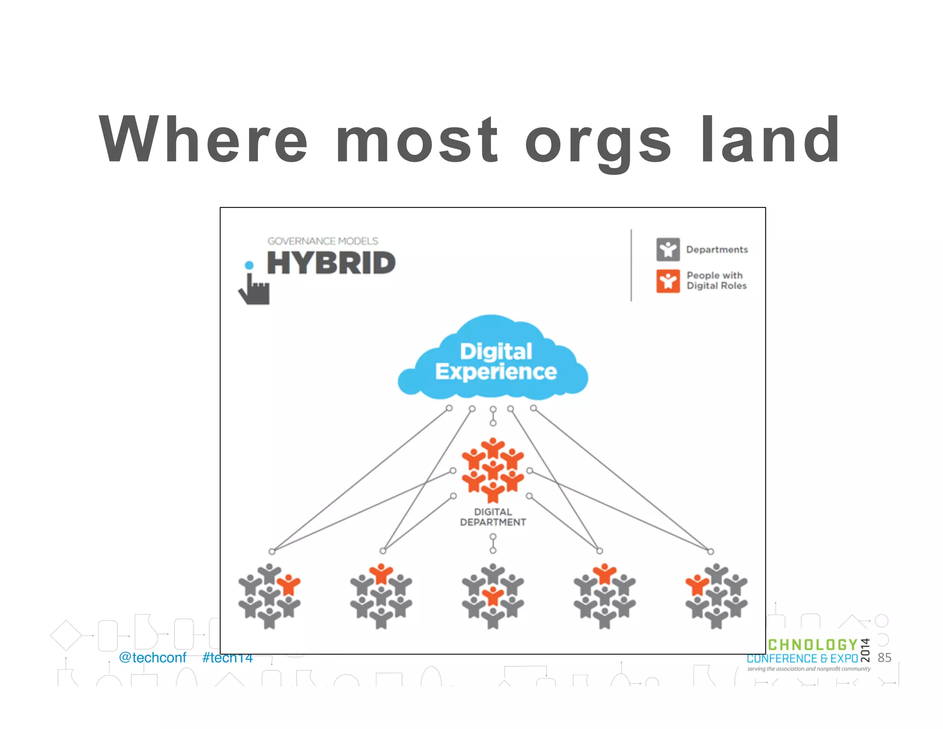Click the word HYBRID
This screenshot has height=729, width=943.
[331, 263]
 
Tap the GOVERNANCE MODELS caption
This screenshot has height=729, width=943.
[323, 241]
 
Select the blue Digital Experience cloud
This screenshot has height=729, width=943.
[493, 359]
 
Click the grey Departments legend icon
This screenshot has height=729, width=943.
[668, 249]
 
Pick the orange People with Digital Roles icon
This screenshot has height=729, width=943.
[668, 281]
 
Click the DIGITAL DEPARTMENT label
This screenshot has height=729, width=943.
[493, 517]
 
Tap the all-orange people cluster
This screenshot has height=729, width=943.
[493, 470]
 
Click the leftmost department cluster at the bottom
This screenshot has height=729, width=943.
[269, 596]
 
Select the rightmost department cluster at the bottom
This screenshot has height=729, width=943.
[716, 596]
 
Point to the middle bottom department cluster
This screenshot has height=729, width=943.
[493, 596]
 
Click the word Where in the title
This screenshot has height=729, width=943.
[203, 139]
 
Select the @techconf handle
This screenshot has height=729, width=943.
[152, 658]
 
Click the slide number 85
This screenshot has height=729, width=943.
[884, 658]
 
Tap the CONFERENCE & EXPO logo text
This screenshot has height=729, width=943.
[802, 658]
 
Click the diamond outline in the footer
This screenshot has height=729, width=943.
[66, 635]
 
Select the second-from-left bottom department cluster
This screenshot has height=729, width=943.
[381, 596]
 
